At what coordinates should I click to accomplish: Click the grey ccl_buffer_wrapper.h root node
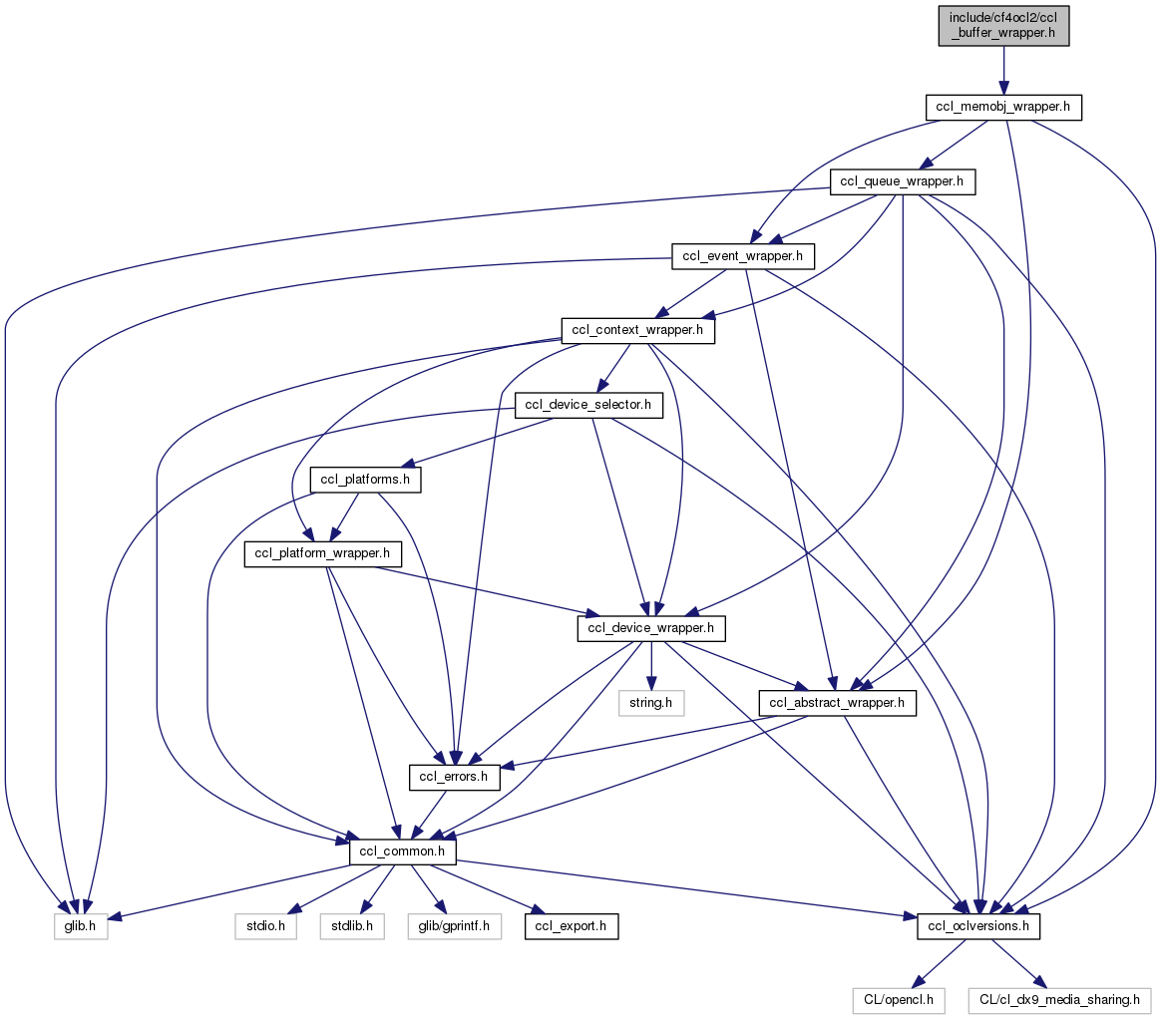(1003, 23)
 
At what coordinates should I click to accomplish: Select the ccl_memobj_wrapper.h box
(1003, 107)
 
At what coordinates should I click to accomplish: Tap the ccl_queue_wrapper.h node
(903, 181)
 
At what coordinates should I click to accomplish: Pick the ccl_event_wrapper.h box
(744, 256)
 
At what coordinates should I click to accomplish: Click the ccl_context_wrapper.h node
(639, 330)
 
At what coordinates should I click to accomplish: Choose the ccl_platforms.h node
(366, 480)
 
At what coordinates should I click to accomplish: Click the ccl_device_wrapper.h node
(651, 629)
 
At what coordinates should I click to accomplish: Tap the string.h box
(651, 703)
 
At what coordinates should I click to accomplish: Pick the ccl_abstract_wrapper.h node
(838, 703)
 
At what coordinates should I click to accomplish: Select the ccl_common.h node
(403, 852)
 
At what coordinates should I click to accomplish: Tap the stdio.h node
(267, 927)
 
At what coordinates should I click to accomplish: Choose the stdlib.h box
(352, 927)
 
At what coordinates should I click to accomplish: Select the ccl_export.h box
(574, 927)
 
